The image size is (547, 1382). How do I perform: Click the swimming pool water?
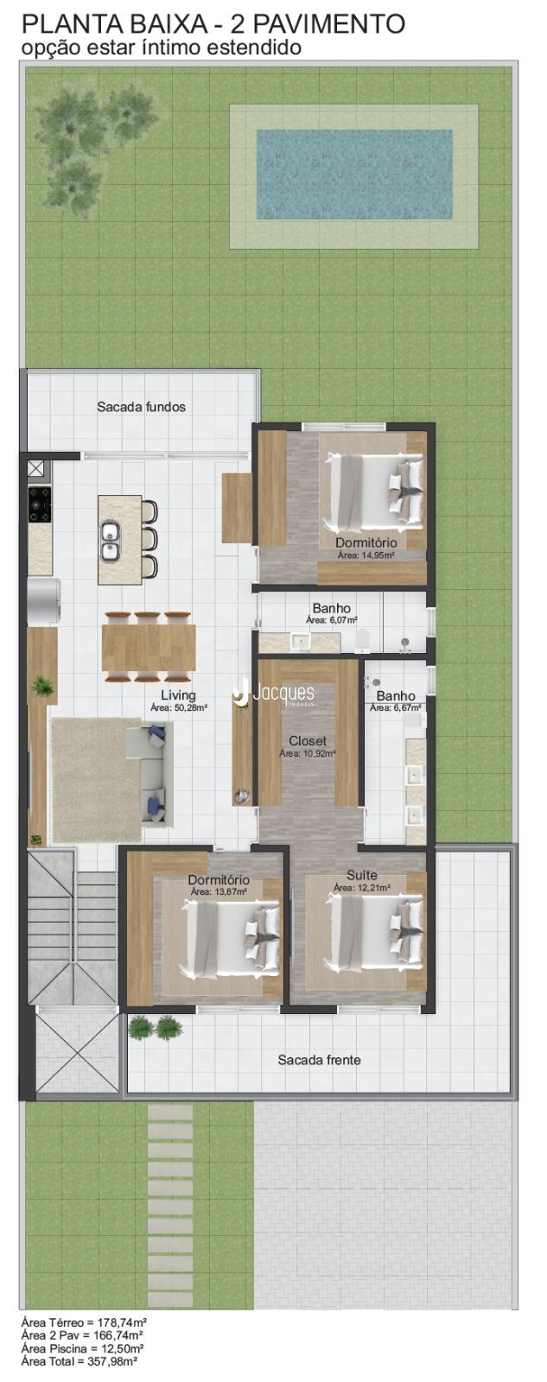[x=354, y=174]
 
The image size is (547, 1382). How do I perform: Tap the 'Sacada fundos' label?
[x=142, y=407]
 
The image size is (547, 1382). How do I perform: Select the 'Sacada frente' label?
[x=319, y=1059]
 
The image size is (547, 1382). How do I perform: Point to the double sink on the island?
[x=110, y=540]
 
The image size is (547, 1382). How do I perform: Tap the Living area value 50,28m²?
[x=179, y=708]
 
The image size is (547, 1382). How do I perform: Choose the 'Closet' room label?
[x=308, y=741]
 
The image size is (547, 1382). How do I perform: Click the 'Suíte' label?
[x=362, y=875]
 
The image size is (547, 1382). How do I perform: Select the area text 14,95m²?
[x=366, y=555]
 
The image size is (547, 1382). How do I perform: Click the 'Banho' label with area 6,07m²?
[x=332, y=609]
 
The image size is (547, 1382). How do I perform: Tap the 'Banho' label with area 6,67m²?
[x=396, y=696]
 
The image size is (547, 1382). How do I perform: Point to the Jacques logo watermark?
[x=274, y=693]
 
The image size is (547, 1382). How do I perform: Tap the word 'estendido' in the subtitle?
[x=254, y=48]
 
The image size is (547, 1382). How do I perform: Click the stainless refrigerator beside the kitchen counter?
[x=43, y=602]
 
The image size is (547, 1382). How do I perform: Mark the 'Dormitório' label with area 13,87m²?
[x=219, y=880]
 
